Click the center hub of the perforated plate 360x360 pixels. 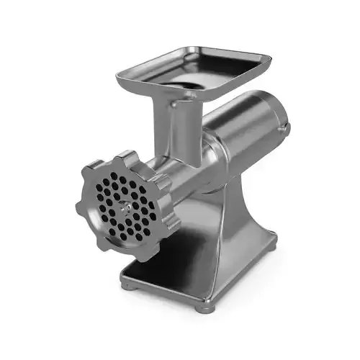123,205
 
